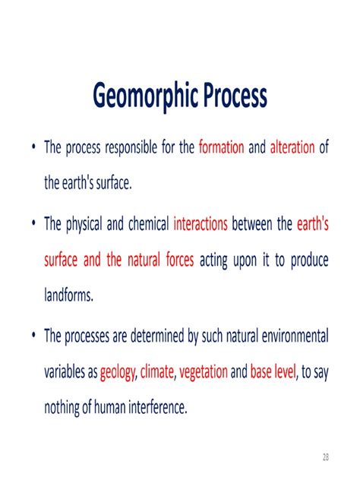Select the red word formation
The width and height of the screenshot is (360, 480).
coord(221,147)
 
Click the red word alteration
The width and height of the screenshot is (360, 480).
coord(292,147)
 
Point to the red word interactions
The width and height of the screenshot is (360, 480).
coord(201,224)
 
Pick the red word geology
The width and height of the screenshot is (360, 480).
coord(118,373)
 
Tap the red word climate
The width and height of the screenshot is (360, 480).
coord(157,373)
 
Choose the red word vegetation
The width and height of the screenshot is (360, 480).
coord(203,373)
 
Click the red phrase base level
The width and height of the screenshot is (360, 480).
coord(273,373)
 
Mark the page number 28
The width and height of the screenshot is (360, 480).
coord(326,456)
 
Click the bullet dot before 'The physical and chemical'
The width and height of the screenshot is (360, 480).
coord(33,225)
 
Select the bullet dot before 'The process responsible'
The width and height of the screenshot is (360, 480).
coord(33,148)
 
